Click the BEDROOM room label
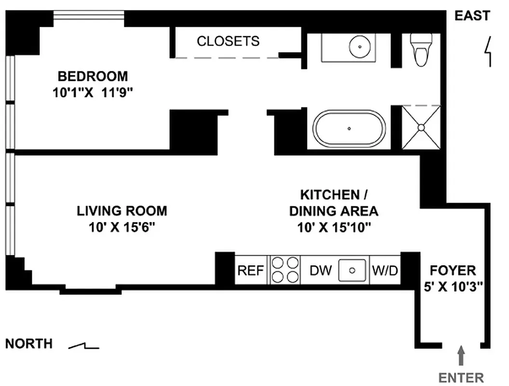[93, 76]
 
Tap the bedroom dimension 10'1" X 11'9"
[93, 92]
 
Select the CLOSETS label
[228, 41]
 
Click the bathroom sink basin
[360, 47]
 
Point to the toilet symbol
[421, 50]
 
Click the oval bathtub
[349, 128]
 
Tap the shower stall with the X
[421, 127]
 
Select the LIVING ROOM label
[122, 211]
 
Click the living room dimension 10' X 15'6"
[122, 227]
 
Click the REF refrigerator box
[251, 271]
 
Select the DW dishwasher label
[321, 271]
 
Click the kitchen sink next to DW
[353, 271]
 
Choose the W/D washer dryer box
[386, 271]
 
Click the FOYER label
[453, 270]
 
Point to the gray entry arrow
[461, 356]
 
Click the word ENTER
[461, 377]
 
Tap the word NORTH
[29, 344]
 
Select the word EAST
[472, 16]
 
